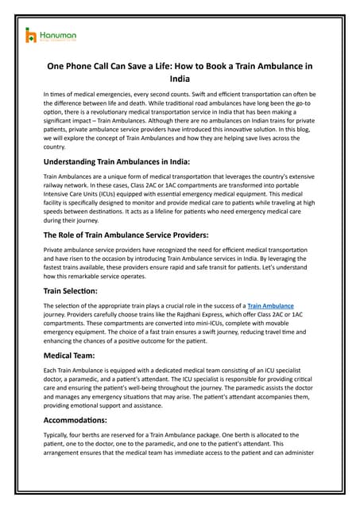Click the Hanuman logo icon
[x=31, y=34]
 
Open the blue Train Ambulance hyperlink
[x=270, y=305]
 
